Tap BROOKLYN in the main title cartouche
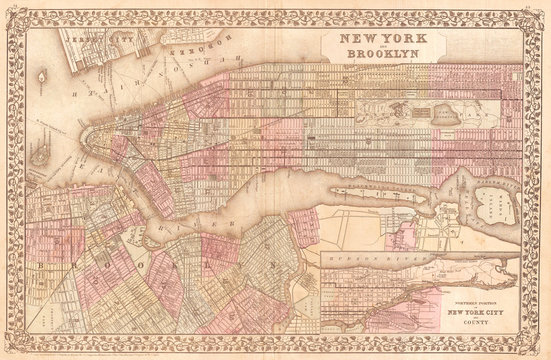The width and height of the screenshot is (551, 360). [366, 56]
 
